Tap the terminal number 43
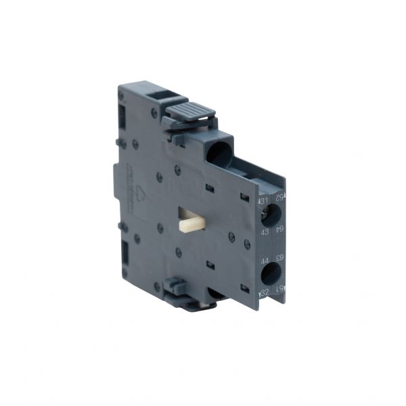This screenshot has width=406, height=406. [265, 233]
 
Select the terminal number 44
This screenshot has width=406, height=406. [265, 260]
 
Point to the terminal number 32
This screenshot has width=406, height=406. [265, 292]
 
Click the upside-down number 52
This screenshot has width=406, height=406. [279, 197]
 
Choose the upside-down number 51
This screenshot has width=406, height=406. [279, 290]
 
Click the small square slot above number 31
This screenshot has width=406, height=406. [245, 196]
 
